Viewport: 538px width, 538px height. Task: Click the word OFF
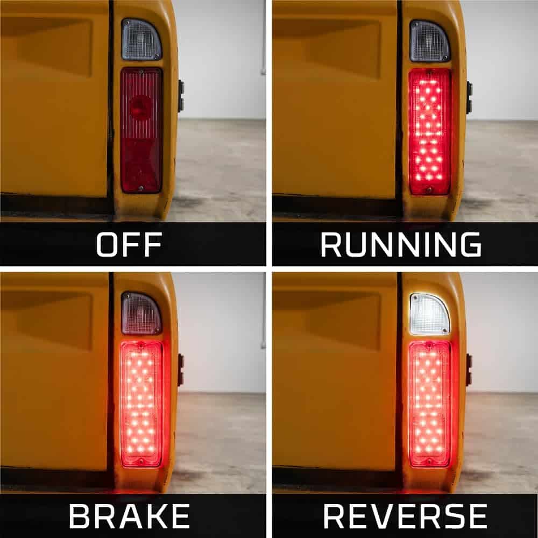pyautogui.click(x=129, y=244)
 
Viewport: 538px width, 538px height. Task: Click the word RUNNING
pyautogui.click(x=401, y=244)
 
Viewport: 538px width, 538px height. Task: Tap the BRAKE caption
pyautogui.click(x=129, y=516)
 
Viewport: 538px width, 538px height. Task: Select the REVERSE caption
pyautogui.click(x=405, y=516)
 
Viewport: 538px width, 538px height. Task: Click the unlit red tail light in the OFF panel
pyautogui.click(x=141, y=130)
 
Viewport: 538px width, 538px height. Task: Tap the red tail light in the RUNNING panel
pyautogui.click(x=429, y=131)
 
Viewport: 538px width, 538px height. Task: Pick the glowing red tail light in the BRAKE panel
pyautogui.click(x=141, y=404)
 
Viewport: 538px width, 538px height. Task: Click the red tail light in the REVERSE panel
pyautogui.click(x=429, y=404)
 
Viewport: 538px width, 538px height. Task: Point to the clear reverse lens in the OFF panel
pyautogui.click(x=141, y=39)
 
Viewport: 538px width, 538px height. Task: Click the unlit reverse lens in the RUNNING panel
pyautogui.click(x=429, y=41)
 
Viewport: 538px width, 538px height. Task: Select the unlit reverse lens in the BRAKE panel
pyautogui.click(x=141, y=313)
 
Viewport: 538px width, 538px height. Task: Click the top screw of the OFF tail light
pyautogui.click(x=140, y=72)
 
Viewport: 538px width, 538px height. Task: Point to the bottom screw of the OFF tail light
pyautogui.click(x=140, y=188)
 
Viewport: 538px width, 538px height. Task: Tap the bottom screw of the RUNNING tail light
pyautogui.click(x=429, y=189)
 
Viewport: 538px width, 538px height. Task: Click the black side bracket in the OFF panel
pyautogui.click(x=181, y=96)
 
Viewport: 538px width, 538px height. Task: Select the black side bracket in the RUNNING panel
pyautogui.click(x=469, y=97)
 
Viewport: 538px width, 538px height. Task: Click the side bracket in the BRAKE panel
pyautogui.click(x=181, y=370)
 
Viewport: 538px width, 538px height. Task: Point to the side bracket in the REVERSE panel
pyautogui.click(x=469, y=370)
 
